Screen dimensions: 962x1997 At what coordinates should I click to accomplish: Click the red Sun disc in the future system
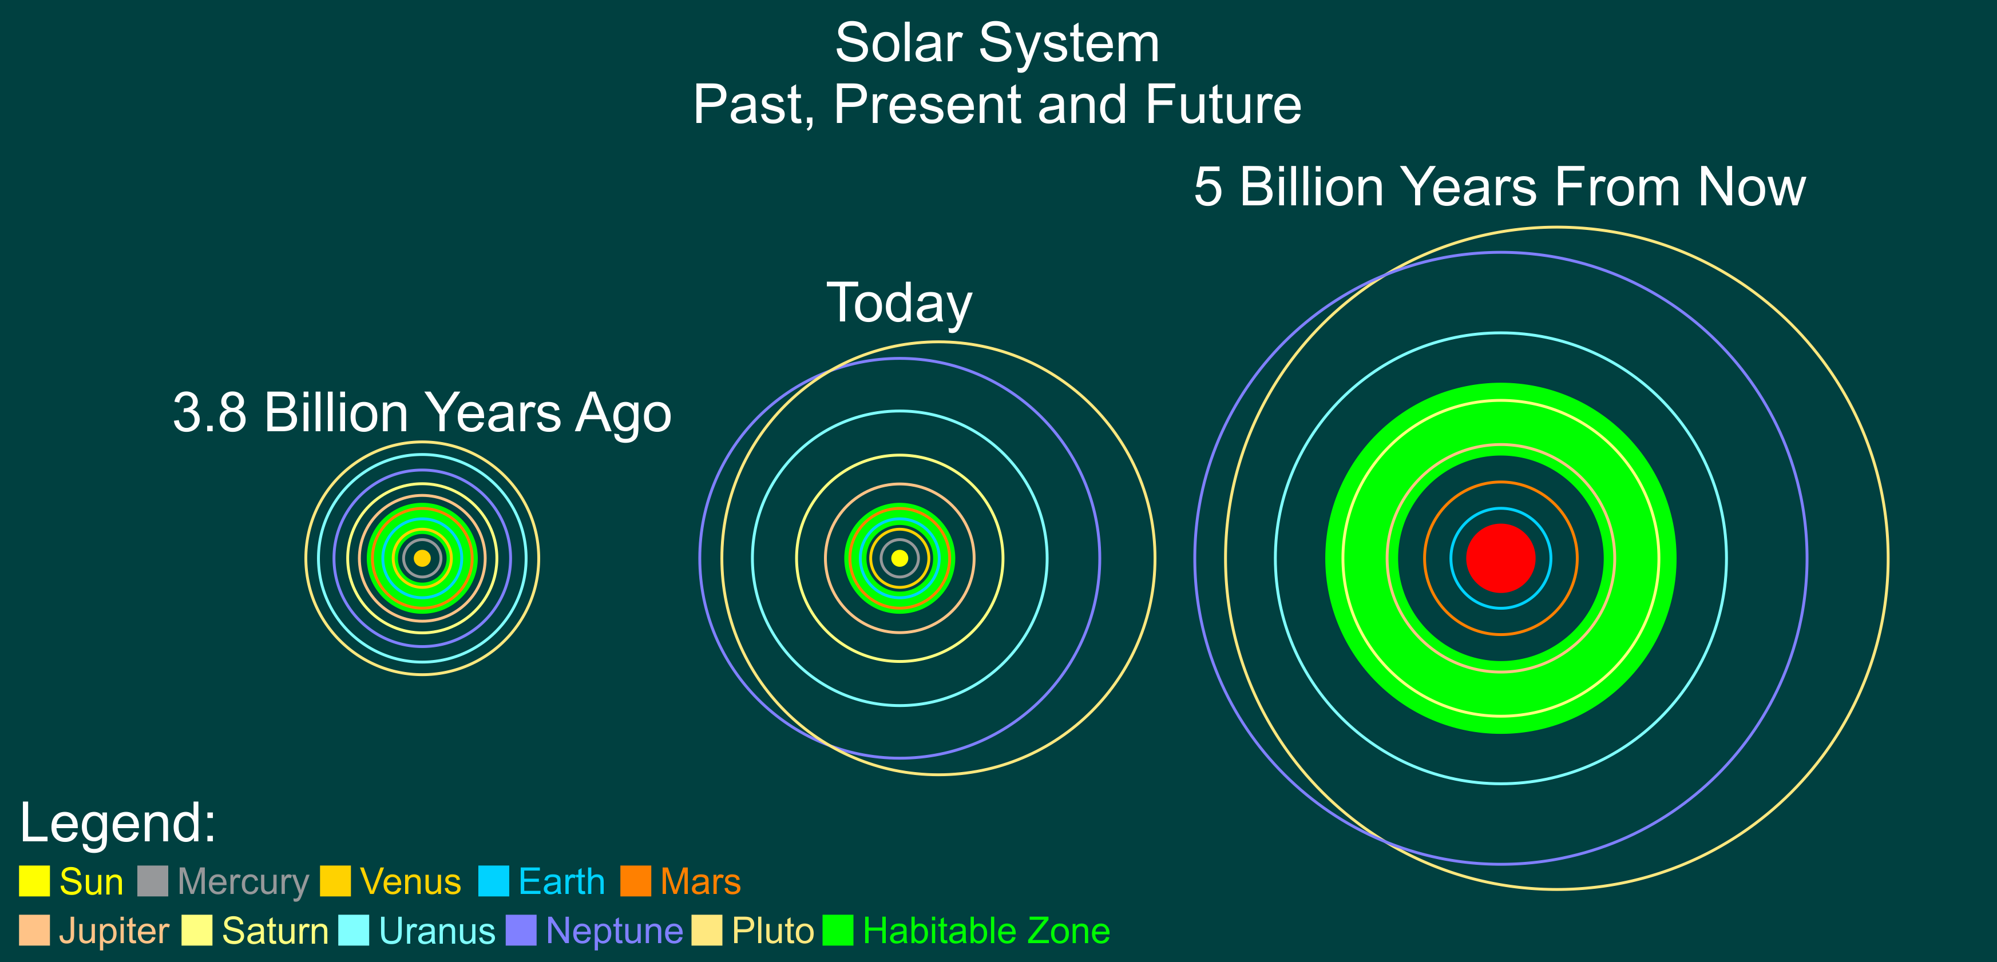(x=1501, y=558)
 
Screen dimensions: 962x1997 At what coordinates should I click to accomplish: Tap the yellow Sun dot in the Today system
(x=900, y=558)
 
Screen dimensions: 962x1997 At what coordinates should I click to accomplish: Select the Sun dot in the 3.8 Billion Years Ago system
(x=422, y=558)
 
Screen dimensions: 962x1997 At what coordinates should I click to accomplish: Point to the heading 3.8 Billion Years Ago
(x=422, y=412)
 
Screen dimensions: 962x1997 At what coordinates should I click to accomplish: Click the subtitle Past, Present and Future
(x=997, y=104)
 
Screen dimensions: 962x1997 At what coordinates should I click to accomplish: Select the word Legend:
(x=118, y=822)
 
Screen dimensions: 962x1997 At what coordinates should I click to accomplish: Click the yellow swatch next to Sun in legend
(x=34, y=881)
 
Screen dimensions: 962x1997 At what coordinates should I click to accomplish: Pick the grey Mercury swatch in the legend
(x=153, y=881)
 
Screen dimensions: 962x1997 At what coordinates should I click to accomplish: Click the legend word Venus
(x=410, y=881)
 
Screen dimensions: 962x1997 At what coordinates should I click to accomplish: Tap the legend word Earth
(x=561, y=881)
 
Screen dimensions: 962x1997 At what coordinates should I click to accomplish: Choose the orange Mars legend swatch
(x=636, y=881)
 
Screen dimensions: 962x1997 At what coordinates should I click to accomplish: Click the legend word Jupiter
(x=113, y=931)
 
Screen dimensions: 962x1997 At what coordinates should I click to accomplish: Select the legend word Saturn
(x=275, y=931)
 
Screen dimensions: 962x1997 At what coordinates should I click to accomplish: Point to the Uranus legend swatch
(x=354, y=931)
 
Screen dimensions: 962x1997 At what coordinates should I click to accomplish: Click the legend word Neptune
(x=614, y=931)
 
